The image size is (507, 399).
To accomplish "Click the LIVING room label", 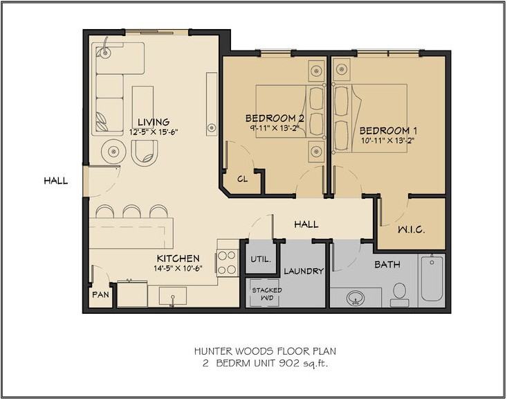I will coord(153,121).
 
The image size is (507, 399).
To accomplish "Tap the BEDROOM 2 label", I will coord(275,117).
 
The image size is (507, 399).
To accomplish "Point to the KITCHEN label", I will coord(178,258).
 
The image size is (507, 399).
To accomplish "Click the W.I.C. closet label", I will coord(411,229).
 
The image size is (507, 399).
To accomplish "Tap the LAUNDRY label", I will coord(304,272).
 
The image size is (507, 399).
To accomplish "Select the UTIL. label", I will coord(260,260).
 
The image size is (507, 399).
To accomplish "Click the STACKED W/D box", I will coord(266,294).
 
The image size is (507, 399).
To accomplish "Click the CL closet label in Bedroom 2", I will coord(242,179).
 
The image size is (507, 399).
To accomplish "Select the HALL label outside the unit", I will coord(56,181).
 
